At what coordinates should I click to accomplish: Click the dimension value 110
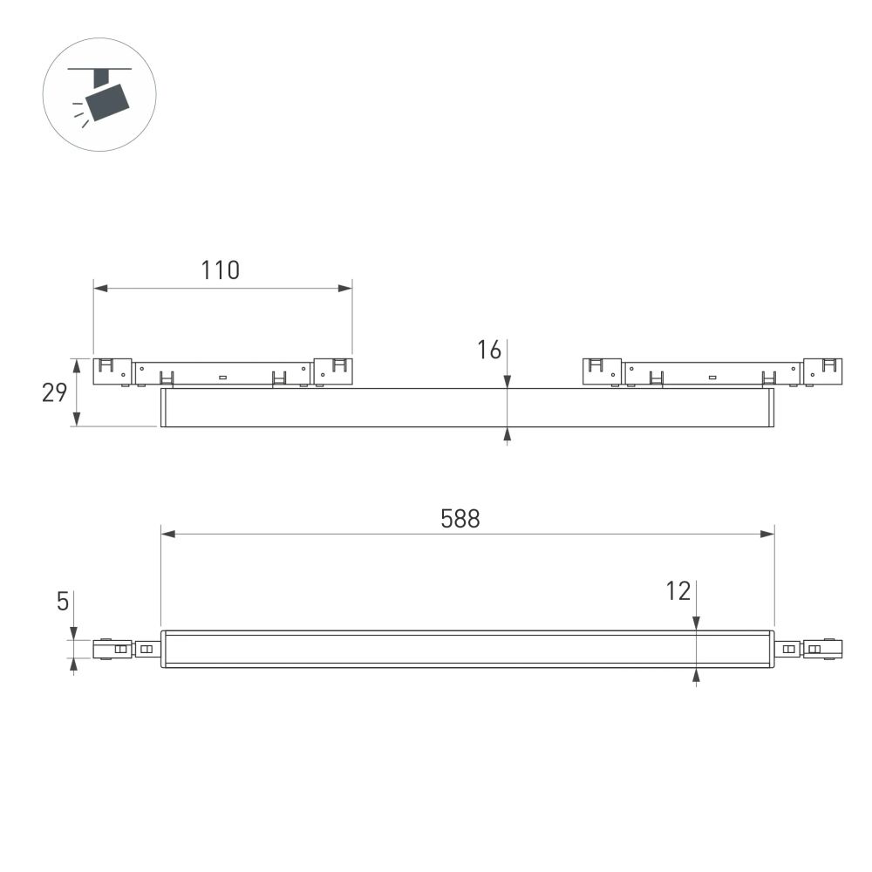221,270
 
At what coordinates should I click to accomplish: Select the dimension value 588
460,519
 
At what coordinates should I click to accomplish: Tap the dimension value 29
55,393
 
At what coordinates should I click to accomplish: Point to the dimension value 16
489,351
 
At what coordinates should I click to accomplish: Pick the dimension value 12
678,591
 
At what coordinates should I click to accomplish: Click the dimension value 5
63,602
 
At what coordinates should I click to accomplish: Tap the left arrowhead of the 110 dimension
99,287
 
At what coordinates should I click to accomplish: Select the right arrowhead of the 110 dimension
346,287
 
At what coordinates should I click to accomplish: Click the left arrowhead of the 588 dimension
167,534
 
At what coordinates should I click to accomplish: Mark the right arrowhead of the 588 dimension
768,534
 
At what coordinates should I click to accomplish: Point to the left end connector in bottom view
112,650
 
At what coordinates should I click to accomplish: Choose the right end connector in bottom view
822,649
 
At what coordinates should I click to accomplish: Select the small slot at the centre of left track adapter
222,377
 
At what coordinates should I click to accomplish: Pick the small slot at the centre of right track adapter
712,377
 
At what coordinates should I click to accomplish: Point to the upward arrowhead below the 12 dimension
696,674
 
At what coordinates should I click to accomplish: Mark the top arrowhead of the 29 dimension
78,363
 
